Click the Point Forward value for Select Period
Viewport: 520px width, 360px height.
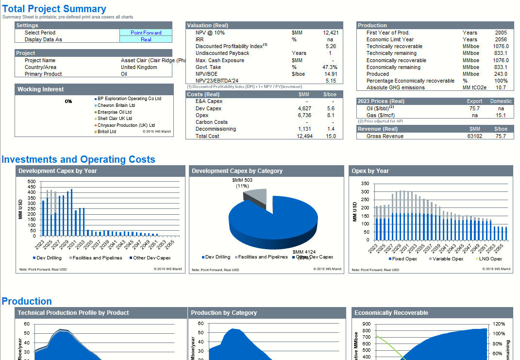(146, 33)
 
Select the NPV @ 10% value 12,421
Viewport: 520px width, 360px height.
(330, 33)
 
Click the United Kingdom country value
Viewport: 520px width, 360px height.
(139, 67)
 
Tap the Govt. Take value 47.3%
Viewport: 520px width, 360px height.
(330, 67)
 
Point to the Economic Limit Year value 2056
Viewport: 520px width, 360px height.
(501, 39)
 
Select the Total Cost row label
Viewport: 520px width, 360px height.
(207, 136)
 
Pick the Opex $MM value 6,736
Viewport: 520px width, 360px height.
(304, 115)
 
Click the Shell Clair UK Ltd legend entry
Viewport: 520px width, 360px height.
(115, 119)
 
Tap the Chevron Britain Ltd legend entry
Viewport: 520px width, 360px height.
(116, 105)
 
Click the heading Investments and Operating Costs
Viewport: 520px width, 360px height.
(78, 159)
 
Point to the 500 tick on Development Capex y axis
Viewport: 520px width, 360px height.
(32, 182)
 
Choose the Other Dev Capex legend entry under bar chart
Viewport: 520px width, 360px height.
(152, 258)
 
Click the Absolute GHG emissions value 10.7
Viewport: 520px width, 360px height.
(501, 87)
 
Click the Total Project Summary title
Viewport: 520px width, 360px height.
(54, 9)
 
